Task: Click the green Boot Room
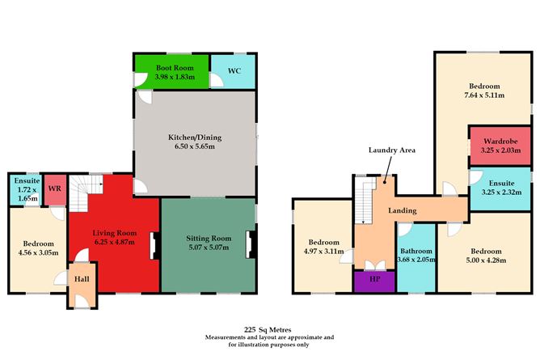pos(171,72)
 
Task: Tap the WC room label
pos(234,71)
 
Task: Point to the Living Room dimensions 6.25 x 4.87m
pos(115,242)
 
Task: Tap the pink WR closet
pos(55,188)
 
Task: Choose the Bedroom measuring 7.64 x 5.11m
pos(483,91)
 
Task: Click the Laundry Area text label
pos(391,150)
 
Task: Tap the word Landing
pos(402,210)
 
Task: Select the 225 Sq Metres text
pos(269,329)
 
